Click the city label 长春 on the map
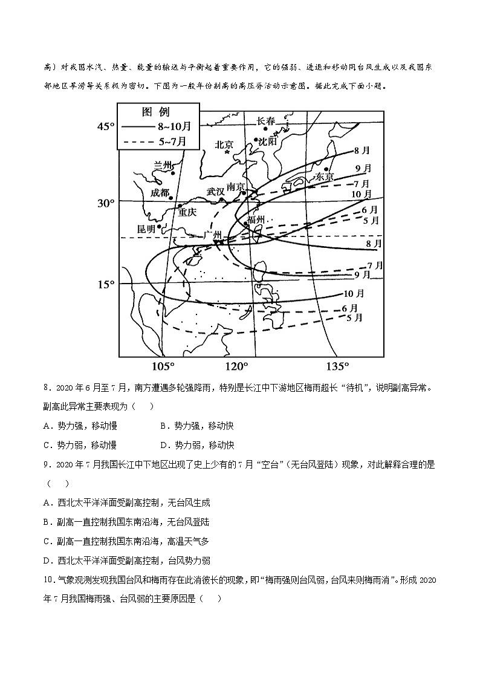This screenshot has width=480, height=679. (x=265, y=121)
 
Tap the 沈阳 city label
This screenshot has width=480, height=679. (x=267, y=141)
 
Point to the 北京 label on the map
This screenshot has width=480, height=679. (x=224, y=145)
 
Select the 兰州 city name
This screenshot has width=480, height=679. (x=163, y=165)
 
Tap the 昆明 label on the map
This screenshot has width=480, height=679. (x=146, y=229)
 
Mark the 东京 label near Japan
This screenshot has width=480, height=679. (x=325, y=177)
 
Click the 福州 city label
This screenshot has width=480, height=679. (x=256, y=219)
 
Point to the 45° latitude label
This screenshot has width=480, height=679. (x=106, y=126)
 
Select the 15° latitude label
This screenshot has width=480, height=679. (x=106, y=284)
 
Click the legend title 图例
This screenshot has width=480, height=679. (x=155, y=112)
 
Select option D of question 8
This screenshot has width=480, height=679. (x=196, y=444)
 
